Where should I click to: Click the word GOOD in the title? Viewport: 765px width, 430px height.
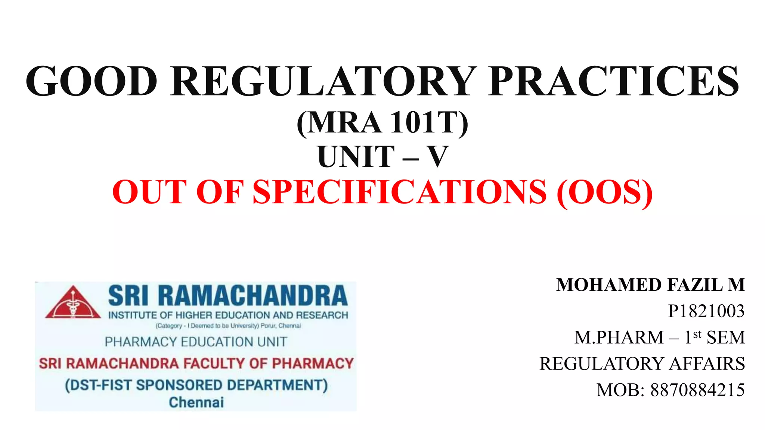(92, 81)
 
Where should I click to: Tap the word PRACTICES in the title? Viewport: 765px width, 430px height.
(614, 81)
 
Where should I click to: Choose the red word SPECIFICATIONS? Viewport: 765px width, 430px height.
(399, 192)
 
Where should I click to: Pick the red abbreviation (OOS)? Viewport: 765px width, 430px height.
(604, 192)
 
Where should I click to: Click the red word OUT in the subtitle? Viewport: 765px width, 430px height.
(149, 192)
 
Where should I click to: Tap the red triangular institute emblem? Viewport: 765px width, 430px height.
(73, 303)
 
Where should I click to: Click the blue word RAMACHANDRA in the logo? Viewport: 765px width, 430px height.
(253, 296)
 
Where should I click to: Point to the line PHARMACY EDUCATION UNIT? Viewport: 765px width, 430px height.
(196, 342)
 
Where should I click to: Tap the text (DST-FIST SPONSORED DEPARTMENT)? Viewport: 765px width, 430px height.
(196, 385)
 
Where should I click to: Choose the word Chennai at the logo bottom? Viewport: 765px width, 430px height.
(196, 402)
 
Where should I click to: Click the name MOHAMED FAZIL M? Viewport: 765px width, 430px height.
(650, 285)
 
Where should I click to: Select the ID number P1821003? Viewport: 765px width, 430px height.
(706, 311)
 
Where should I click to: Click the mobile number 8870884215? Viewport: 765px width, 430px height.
(697, 390)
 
